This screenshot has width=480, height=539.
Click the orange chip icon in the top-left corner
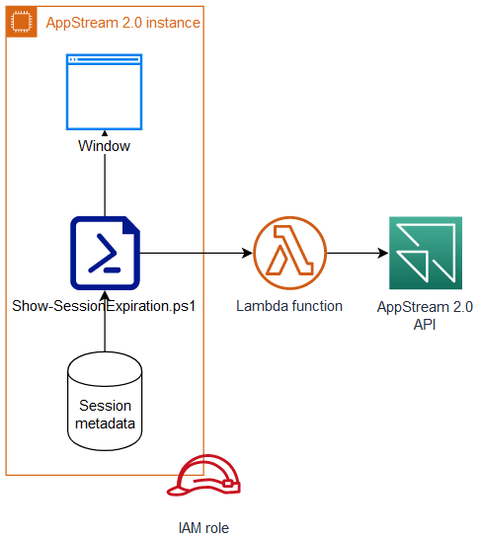pyautogui.click(x=22, y=22)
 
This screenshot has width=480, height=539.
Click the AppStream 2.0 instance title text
pyautogui.click(x=124, y=23)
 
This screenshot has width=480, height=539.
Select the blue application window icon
pyautogui.click(x=105, y=93)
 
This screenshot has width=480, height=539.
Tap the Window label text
pyautogui.click(x=105, y=146)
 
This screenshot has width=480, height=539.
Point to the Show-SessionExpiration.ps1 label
pyautogui.click(x=105, y=306)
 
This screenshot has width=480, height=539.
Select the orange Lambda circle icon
pyautogui.click(x=288, y=254)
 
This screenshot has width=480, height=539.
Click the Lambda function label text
pyautogui.click(x=288, y=306)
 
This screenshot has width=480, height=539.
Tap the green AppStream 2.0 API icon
pyautogui.click(x=425, y=254)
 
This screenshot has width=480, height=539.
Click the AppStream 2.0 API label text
pyautogui.click(x=425, y=316)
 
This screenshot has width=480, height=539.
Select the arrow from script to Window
pyautogui.click(x=105, y=188)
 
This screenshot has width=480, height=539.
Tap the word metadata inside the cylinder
pyautogui.click(x=105, y=423)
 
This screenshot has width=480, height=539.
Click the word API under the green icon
pyautogui.click(x=425, y=325)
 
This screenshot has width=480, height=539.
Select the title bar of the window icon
pyautogui.click(x=105, y=60)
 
